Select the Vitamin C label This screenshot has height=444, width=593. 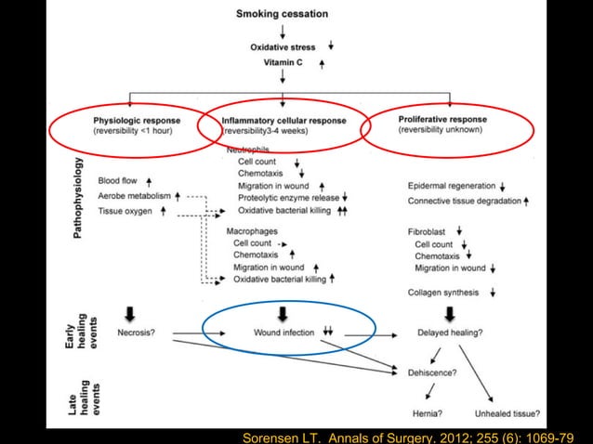(283, 63)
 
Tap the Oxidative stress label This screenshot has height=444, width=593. (283, 46)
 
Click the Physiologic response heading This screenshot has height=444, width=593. (138, 120)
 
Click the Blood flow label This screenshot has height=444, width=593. (117, 182)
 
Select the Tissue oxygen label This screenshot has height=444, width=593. (125, 212)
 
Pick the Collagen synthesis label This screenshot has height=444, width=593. (444, 293)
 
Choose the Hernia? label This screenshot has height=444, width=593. (427, 413)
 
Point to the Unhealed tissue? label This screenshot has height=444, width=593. (508, 413)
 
